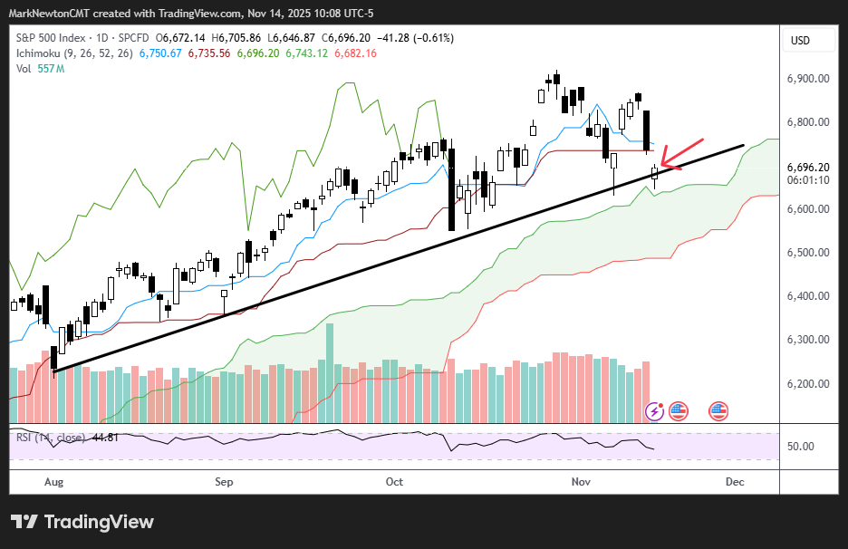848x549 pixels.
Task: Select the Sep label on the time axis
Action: (x=224, y=482)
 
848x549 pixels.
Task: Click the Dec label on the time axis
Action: (x=735, y=482)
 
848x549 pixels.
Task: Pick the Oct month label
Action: (x=394, y=482)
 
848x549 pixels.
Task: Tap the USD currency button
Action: (x=800, y=41)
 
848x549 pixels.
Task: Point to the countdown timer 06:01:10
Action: (x=809, y=180)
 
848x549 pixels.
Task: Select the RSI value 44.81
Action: (x=108, y=438)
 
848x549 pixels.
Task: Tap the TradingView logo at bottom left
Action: (x=82, y=522)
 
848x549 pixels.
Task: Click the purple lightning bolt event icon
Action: (x=654, y=411)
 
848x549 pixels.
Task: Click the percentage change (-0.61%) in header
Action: (x=434, y=38)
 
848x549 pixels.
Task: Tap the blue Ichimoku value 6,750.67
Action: (x=159, y=53)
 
